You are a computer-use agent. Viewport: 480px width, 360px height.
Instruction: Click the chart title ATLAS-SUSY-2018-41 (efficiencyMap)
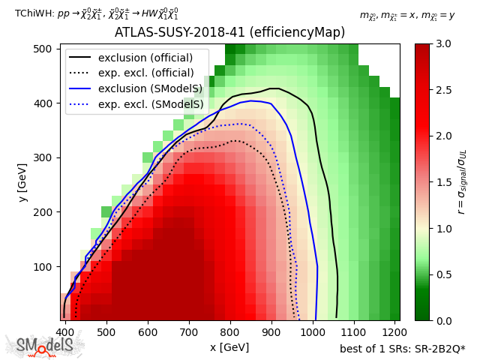[x=229, y=33]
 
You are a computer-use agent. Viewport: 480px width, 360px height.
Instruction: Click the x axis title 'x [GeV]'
[x=229, y=346]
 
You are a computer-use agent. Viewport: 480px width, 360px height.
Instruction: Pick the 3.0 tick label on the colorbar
[x=443, y=44]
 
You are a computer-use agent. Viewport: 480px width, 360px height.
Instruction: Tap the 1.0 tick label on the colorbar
[x=443, y=228]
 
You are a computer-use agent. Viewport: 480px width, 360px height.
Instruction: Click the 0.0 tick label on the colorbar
[x=443, y=320]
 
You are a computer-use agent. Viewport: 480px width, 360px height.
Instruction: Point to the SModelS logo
[x=45, y=346]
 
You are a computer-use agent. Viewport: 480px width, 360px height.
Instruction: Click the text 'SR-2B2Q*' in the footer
[x=442, y=349]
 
